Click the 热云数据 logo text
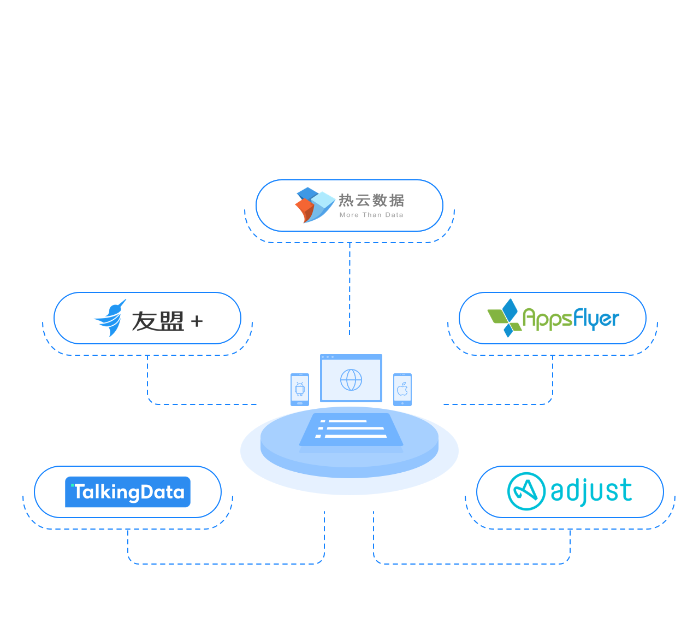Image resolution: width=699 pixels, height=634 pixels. [371, 201]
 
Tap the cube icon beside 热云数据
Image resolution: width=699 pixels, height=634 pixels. [315, 205]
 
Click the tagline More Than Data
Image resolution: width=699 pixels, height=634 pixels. [371, 215]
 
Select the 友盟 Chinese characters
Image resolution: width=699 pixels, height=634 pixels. [158, 321]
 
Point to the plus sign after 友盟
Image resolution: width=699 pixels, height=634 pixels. [197, 321]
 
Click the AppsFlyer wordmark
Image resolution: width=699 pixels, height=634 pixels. [571, 319]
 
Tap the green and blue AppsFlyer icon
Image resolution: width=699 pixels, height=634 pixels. [503, 318]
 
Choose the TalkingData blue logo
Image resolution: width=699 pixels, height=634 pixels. [128, 492]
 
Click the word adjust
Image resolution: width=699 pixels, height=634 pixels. [591, 491]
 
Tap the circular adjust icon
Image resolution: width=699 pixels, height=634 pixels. [526, 491]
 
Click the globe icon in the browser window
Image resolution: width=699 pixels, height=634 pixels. [351, 379]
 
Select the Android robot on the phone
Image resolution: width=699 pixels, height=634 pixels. [300, 389]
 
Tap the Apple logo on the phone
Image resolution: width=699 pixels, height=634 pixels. [402, 389]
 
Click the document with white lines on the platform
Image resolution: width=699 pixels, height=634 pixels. [351, 429]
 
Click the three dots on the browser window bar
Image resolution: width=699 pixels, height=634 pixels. [328, 357]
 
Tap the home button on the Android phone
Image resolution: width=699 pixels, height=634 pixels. [300, 403]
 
